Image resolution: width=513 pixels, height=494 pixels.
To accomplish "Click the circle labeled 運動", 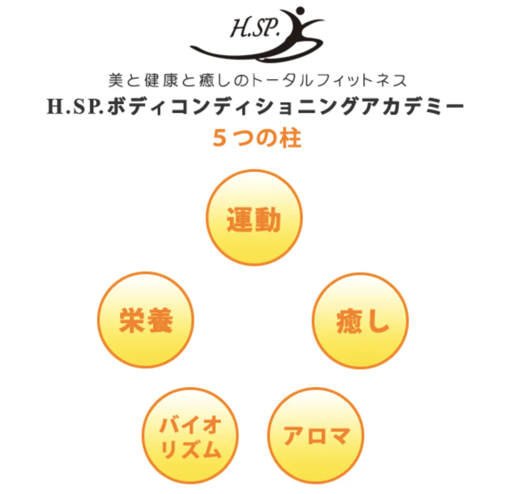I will click(254, 218).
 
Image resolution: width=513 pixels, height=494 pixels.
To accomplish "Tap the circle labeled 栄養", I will click(146, 320).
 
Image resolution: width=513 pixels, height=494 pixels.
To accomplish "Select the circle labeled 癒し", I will click(360, 320).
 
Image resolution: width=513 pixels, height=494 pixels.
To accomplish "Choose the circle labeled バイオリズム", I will click(190, 436).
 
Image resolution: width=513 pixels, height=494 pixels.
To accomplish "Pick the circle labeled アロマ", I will click(316, 436).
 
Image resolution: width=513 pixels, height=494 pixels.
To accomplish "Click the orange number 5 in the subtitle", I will click(220, 138).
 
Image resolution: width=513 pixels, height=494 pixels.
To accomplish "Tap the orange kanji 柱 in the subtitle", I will click(291, 138).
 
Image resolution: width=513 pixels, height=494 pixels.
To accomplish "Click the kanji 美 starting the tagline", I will click(115, 80).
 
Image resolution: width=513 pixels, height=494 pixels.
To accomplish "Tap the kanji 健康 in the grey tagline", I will click(161, 80).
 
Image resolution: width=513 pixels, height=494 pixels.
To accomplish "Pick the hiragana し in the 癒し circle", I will click(376, 321).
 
